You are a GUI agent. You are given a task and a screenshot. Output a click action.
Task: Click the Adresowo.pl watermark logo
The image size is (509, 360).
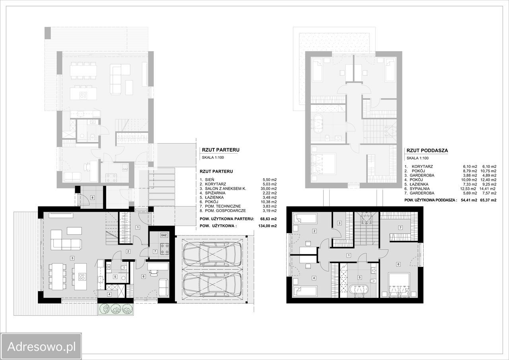tap(41, 346)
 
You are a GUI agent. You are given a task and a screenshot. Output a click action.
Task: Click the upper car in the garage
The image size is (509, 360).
tap(212, 254)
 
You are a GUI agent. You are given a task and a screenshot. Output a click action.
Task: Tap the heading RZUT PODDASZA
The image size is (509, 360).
tap(427, 150)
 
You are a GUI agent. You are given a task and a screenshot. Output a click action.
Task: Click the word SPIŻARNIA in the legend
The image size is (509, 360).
tap(215, 193)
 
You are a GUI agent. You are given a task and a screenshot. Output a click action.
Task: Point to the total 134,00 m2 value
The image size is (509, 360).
tap(268, 226)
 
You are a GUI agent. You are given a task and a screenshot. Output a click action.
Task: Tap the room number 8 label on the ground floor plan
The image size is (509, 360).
tap(93, 197)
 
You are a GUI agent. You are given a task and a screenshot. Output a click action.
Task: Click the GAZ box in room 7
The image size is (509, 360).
tap(163, 235)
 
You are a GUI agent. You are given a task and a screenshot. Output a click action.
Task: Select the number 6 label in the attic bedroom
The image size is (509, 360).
tap(398, 264)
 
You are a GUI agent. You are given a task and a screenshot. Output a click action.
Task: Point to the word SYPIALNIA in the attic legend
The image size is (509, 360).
tap(420, 189)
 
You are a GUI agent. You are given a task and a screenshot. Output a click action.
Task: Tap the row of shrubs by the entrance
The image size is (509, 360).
tap(116, 309)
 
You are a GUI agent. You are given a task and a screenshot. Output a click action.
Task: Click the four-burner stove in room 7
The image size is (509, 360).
tap(165, 249)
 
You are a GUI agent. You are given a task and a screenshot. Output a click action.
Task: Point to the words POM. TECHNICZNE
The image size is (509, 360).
tap(223, 206)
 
